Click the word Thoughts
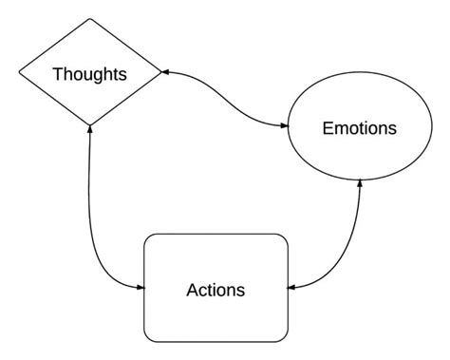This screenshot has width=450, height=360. point(89,74)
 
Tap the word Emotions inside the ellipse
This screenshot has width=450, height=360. point(359,127)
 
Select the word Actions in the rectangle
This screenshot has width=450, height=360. point(215,289)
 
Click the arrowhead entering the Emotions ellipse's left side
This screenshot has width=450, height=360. point(287,125)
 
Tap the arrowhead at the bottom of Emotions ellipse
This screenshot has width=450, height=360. point(359,182)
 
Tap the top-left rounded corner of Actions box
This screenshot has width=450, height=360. point(148,238)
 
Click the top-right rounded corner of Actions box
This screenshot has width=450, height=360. point(282,238)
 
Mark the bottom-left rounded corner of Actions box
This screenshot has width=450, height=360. point(148,336)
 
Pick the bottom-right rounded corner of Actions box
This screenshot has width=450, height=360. point(282,336)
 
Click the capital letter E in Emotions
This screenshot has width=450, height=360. point(328,127)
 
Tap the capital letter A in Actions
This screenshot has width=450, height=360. point(192,289)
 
